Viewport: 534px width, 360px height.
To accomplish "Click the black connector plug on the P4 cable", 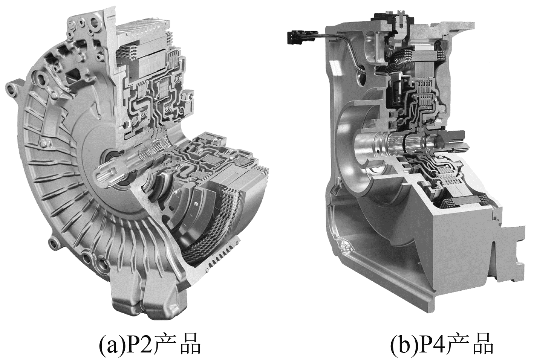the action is (295, 38).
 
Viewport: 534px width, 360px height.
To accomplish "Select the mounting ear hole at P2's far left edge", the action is (10, 89).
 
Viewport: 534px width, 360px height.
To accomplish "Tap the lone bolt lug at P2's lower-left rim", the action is (52, 244).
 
